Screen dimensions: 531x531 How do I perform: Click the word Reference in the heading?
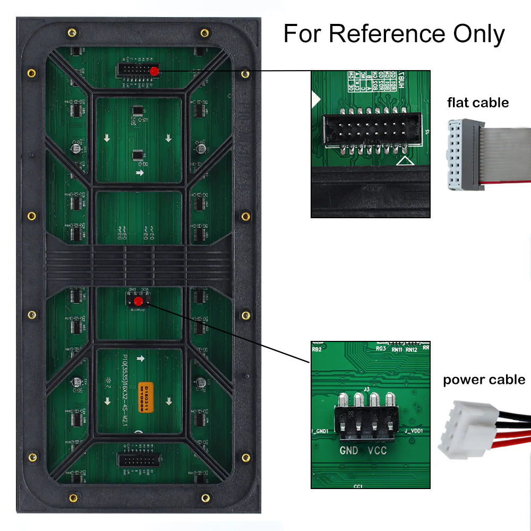click(x=388, y=34)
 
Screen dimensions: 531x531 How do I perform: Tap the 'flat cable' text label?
click(x=478, y=102)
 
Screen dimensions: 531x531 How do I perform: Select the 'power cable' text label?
click(x=484, y=380)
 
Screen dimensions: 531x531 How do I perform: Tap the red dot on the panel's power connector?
click(x=138, y=302)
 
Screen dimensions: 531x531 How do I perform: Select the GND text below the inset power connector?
click(x=349, y=451)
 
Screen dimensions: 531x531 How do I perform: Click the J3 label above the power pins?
click(x=366, y=389)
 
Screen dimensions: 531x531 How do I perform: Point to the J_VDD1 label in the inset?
click(x=414, y=431)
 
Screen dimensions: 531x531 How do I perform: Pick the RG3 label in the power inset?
click(x=380, y=349)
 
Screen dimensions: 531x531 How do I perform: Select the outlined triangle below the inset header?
click(x=405, y=160)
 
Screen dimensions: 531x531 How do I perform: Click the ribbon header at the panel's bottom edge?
click(x=138, y=460)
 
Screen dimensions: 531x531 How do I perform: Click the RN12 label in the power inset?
click(x=412, y=349)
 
